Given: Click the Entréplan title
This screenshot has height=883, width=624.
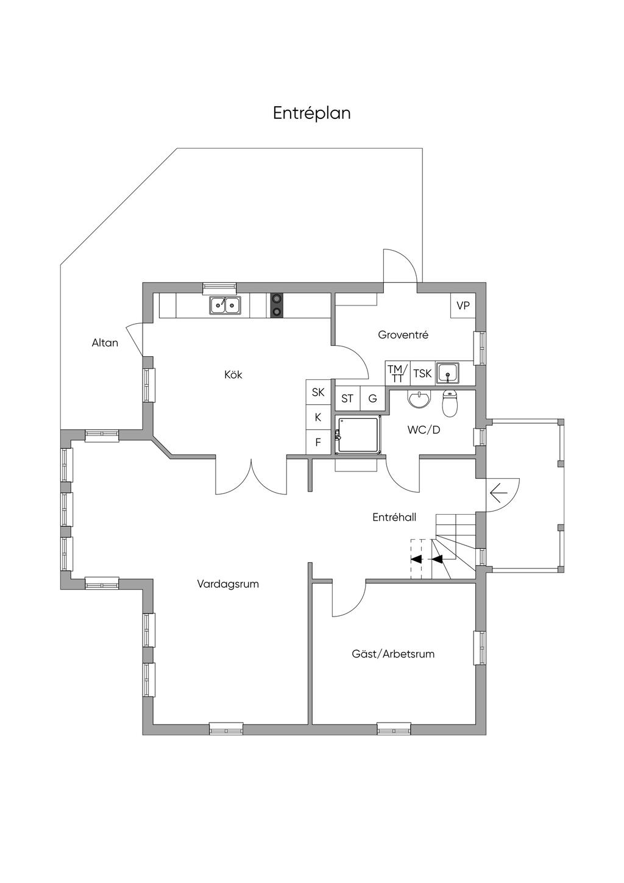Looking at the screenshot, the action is click(311, 113).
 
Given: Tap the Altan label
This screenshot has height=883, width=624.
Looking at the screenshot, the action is click(105, 343).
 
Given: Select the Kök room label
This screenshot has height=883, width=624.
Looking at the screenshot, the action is click(233, 374).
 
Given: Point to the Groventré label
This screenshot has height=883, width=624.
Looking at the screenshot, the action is click(403, 335).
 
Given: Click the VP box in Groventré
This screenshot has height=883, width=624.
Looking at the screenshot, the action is click(463, 306).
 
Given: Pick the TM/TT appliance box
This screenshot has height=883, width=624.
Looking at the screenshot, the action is click(398, 373).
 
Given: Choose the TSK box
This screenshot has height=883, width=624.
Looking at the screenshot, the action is click(423, 373).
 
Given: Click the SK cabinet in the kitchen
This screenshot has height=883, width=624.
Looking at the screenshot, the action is click(318, 392).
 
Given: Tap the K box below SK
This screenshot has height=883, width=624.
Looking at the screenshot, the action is click(318, 417).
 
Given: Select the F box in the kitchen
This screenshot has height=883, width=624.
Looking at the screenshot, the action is click(318, 442).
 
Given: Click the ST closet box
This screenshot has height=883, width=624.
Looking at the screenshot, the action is click(347, 399).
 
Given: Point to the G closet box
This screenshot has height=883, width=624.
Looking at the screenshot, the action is click(372, 399).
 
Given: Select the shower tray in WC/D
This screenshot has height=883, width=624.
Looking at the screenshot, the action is click(358, 435).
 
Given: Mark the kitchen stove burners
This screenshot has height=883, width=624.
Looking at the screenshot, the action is click(277, 306).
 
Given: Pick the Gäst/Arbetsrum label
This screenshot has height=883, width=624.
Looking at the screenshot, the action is click(393, 654).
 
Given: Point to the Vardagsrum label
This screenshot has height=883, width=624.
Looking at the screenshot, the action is click(228, 584).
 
